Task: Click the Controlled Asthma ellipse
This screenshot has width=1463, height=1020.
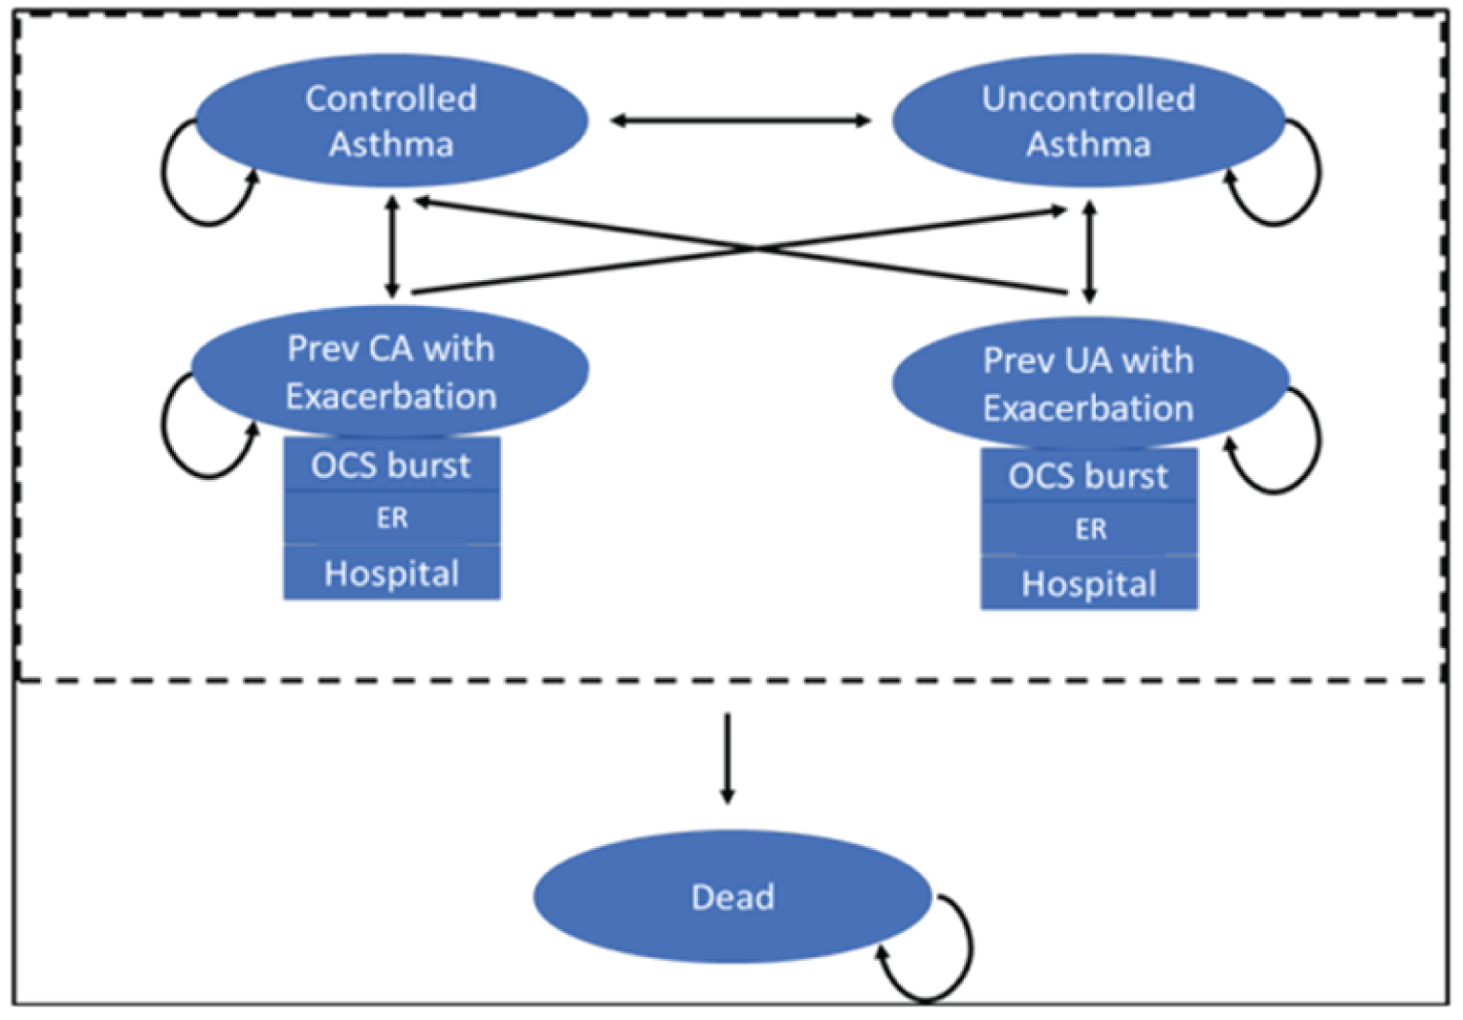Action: pos(391,120)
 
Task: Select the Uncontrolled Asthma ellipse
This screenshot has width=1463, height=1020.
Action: pos(1088,120)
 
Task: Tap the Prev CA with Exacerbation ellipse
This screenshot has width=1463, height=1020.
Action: pos(391,371)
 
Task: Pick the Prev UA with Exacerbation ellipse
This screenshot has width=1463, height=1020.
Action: pos(1088,383)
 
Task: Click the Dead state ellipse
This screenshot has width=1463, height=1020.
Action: pos(732,897)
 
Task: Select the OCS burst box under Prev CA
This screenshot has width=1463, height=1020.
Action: pos(391,466)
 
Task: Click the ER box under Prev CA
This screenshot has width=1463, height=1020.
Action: pos(391,518)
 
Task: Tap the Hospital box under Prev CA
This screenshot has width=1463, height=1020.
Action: pos(391,574)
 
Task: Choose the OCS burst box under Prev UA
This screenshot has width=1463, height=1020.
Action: pos(1088,476)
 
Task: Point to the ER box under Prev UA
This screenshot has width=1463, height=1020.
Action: pos(1088,529)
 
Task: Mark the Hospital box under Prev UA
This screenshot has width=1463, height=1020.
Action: pos(1088,584)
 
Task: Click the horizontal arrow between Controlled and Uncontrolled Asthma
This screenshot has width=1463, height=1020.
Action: pos(740,120)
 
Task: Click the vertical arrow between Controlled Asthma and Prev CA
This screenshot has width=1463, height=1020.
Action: pos(391,246)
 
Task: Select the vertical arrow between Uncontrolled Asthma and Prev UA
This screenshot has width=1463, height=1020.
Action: pos(1089,250)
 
